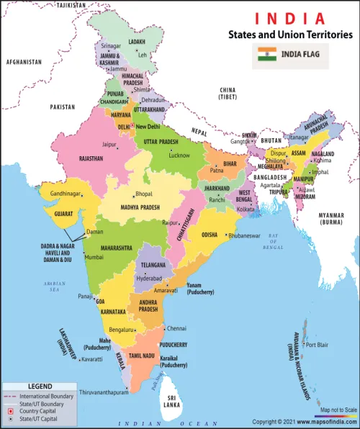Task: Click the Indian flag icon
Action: click(267, 53)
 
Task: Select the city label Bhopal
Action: click(143, 194)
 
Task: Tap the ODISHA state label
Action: click(209, 235)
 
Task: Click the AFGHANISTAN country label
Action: click(23, 63)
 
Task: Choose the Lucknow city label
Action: click(179, 155)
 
